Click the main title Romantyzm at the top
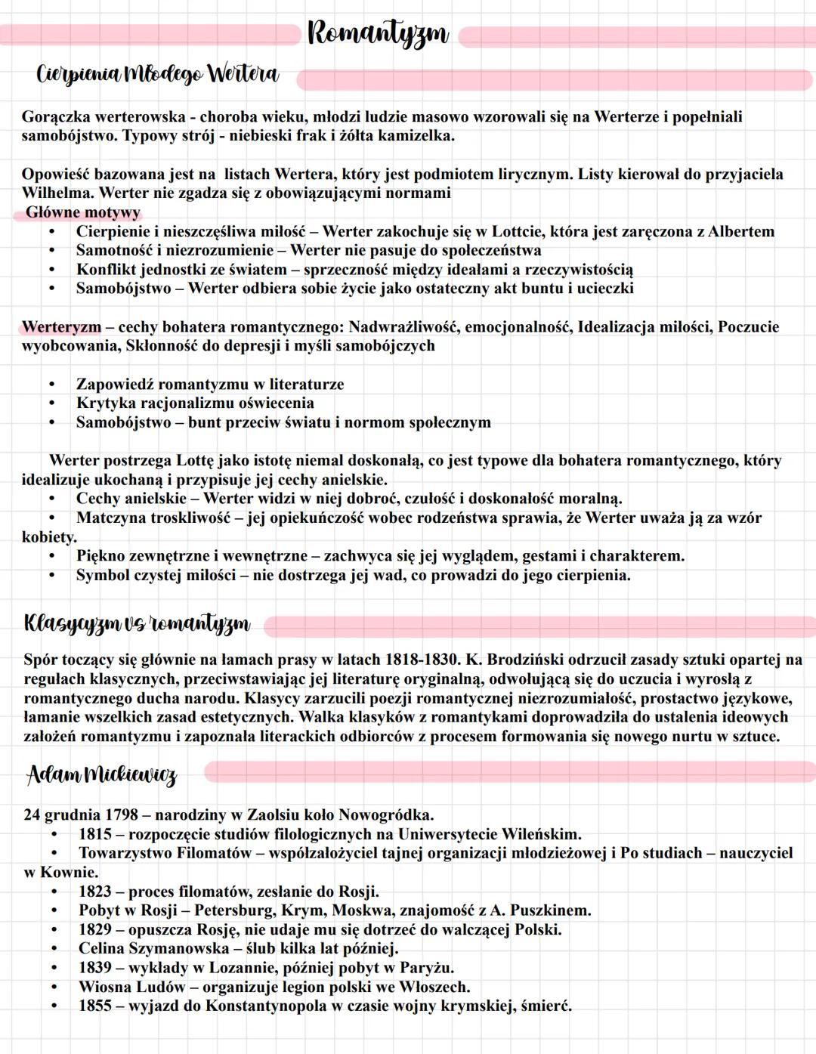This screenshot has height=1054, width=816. coord(378,34)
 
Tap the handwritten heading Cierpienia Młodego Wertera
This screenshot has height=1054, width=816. coord(158,74)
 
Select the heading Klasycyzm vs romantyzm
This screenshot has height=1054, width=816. coord(137,623)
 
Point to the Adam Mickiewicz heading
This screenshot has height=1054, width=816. coord(102,774)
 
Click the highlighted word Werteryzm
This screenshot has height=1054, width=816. coord(61,327)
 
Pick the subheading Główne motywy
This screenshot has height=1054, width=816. coord(83,212)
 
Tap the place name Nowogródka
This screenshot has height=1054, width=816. coord(386,814)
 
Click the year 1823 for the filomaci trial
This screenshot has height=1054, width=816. coord(95,891)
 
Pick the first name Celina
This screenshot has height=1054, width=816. coord(101,948)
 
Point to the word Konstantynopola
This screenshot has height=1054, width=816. coord(264,1006)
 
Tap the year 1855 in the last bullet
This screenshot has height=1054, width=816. coord(95,1006)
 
